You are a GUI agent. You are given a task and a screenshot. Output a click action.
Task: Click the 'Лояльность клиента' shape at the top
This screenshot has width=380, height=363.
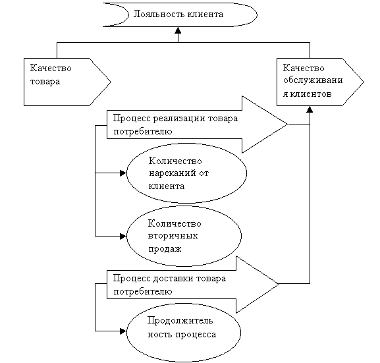click(x=180, y=14)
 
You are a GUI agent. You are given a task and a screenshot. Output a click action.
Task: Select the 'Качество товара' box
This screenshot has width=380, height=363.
click(x=67, y=82)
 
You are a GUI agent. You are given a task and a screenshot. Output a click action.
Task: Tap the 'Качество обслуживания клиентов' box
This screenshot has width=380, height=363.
click(x=320, y=82)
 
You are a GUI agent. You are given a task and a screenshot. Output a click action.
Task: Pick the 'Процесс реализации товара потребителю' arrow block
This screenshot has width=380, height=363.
click(x=198, y=125)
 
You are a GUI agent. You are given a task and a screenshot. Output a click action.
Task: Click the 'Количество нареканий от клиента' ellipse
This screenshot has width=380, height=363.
click(x=186, y=173)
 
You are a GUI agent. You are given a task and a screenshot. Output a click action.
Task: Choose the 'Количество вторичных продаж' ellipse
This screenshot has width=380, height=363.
click(x=184, y=236)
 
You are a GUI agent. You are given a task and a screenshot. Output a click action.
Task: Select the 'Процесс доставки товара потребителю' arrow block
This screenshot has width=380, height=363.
click(x=193, y=284)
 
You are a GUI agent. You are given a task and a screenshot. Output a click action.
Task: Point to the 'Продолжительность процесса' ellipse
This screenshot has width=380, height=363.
click(x=184, y=332)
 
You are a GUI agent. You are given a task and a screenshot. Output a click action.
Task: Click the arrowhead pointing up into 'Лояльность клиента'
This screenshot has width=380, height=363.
click(x=178, y=30)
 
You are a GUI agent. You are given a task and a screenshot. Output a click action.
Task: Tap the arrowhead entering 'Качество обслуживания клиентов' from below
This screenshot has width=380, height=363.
click(x=310, y=109)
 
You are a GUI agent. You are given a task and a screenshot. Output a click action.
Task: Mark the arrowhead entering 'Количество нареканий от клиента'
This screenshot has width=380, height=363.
click(x=123, y=173)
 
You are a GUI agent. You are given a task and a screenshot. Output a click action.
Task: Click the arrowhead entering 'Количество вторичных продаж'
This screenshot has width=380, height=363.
click(x=123, y=236)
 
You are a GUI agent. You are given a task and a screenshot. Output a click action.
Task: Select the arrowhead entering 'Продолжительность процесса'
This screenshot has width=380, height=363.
click(x=123, y=331)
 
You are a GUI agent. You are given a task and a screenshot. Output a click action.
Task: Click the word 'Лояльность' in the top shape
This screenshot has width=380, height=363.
click(x=157, y=14)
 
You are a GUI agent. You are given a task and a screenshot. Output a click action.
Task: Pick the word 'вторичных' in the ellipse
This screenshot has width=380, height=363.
click(x=173, y=236)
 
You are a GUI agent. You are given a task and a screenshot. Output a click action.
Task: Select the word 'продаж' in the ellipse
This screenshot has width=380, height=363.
click(x=165, y=249)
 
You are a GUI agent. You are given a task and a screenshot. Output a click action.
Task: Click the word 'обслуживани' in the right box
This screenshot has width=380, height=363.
click(x=313, y=80)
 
